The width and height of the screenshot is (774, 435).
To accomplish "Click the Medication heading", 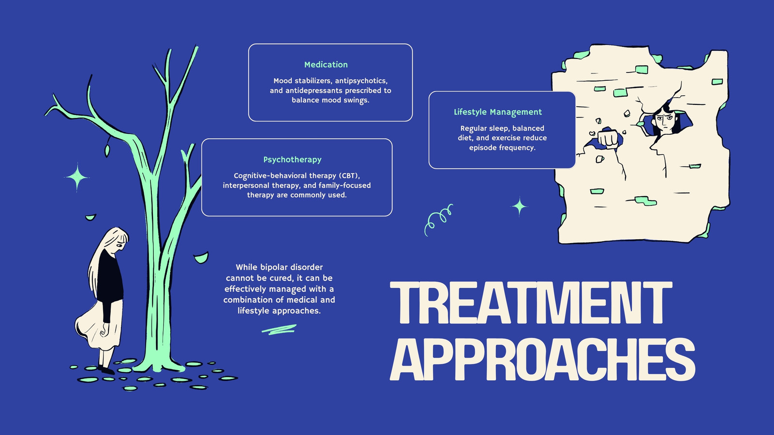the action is pyautogui.click(x=326, y=65).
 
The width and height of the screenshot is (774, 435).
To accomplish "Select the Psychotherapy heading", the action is pyautogui.click(x=292, y=160).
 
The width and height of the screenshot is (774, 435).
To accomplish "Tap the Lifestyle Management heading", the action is pyautogui.click(x=498, y=112).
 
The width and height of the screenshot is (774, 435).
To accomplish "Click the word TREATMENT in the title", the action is pyautogui.click(x=531, y=303).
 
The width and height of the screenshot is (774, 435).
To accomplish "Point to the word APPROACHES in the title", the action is pyautogui.click(x=542, y=359).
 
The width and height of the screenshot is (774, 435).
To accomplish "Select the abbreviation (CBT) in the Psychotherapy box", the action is pyautogui.click(x=349, y=176).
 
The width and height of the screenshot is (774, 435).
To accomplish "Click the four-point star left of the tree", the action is pyautogui.click(x=77, y=177).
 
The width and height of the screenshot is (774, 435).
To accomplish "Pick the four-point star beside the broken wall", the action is pyautogui.click(x=519, y=206).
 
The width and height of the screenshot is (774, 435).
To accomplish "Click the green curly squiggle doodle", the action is pyautogui.click(x=438, y=219).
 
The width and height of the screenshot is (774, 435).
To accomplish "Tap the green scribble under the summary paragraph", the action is pyautogui.click(x=279, y=330).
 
